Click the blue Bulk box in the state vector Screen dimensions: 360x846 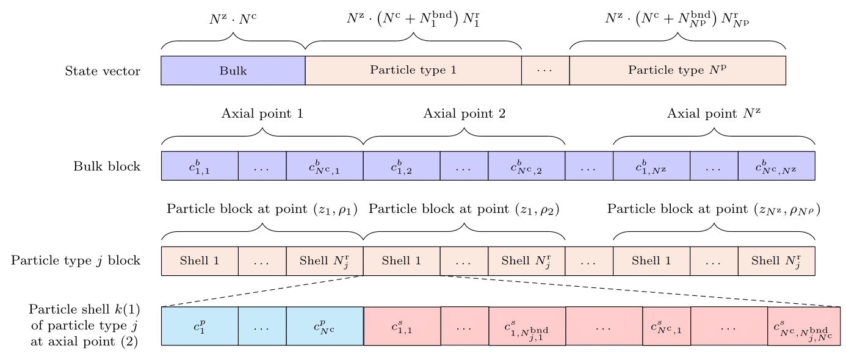click(x=233, y=70)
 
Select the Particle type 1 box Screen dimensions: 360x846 click(x=413, y=70)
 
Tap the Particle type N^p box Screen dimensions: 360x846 click(x=677, y=70)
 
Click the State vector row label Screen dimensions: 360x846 click(x=103, y=71)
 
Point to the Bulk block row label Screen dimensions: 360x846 click(x=107, y=166)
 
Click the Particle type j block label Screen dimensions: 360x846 click(x=76, y=261)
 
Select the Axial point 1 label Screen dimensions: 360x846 click(x=262, y=113)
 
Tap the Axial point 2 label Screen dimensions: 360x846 click(x=464, y=113)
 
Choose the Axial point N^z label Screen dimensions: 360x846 click(x=714, y=113)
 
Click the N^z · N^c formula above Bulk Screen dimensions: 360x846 click(x=233, y=19)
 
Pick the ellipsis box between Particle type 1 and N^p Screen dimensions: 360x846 click(x=545, y=70)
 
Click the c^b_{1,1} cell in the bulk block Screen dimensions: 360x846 click(x=200, y=166)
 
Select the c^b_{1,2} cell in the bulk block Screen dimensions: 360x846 click(x=401, y=166)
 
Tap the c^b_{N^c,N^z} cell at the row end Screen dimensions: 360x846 click(x=776, y=166)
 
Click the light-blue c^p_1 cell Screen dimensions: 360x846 click(x=200, y=326)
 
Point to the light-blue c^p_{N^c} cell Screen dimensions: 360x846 click(x=325, y=326)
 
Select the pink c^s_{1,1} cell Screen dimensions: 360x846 click(x=402, y=326)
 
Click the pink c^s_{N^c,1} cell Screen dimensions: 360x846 click(x=666, y=326)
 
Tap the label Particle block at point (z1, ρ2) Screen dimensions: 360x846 click(x=464, y=209)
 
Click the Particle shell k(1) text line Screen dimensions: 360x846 click(x=84, y=309)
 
